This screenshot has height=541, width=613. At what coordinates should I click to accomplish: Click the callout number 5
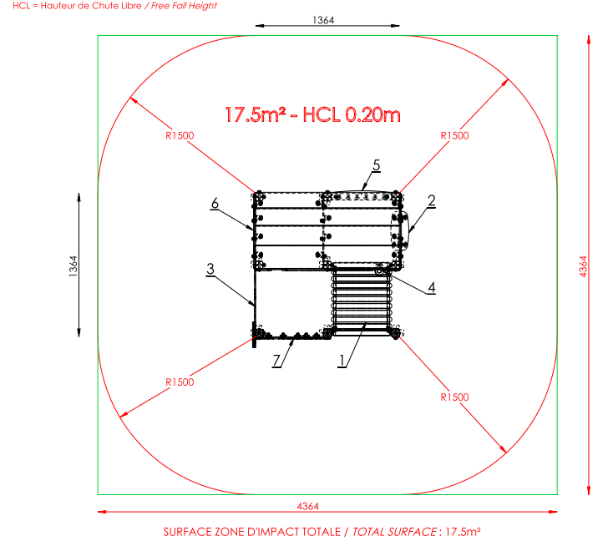(376, 165)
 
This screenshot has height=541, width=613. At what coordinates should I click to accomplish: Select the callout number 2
(431, 200)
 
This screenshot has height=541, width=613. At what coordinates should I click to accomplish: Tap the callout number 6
(215, 203)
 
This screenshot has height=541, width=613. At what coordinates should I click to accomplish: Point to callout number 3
(210, 269)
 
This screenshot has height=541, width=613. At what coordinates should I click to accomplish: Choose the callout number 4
(431, 287)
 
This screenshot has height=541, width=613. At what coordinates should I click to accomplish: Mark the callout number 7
(276, 360)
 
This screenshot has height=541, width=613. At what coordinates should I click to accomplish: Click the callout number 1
(342, 360)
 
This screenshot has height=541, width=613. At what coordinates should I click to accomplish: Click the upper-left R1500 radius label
(180, 135)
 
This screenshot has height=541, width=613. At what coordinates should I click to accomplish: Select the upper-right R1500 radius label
(454, 135)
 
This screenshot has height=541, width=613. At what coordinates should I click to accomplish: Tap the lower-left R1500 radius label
(180, 382)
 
